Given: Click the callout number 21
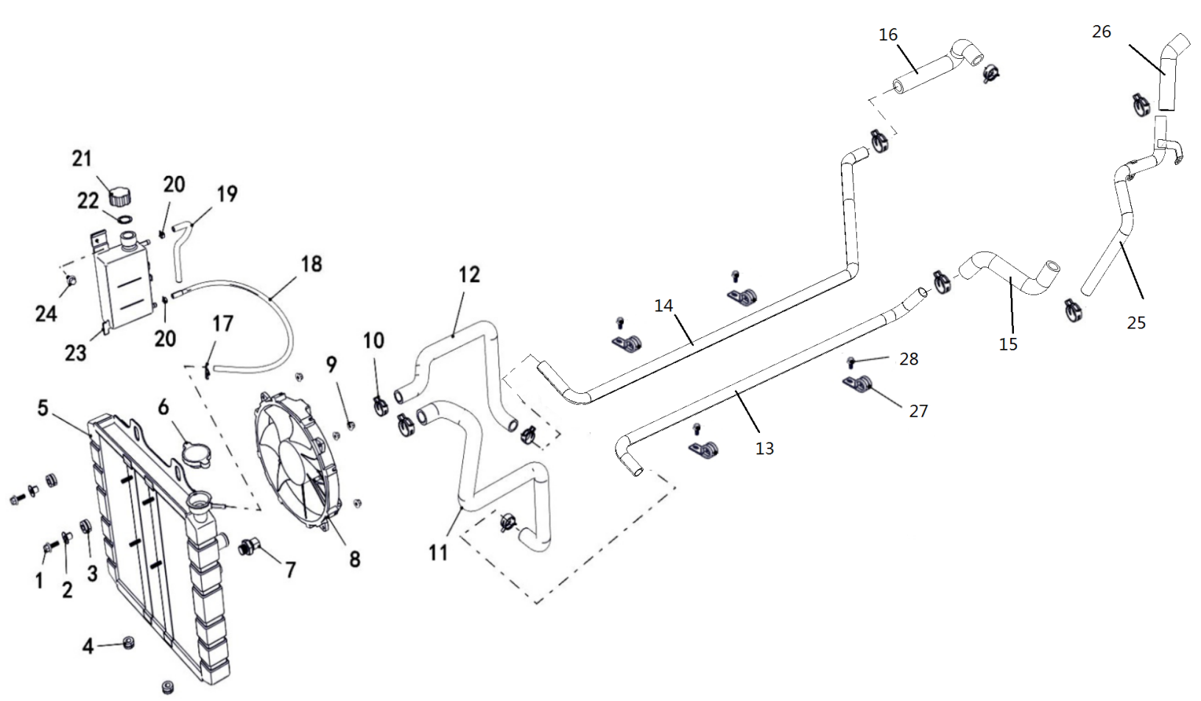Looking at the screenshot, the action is pos(82,159).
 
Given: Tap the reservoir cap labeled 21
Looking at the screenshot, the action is pos(120,196).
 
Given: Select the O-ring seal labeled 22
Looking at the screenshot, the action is pos(124,219).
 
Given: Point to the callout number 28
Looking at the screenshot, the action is pos(909,359).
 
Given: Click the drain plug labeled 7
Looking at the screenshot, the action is pos(248,546).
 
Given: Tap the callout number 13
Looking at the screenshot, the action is pos(764,448).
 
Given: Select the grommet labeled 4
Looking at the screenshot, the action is pos(128,642).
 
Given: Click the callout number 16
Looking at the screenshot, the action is pos(888,35).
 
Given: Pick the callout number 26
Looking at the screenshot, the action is pos(1102,32).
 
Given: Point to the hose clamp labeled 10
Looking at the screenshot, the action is pos(381,406).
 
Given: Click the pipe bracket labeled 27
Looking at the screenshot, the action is pos(857,384).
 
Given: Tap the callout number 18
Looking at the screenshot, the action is pos(311,264).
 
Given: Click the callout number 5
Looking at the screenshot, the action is pos(43,408).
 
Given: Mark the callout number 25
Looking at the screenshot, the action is pos(1136,323).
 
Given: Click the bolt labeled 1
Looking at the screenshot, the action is pos(48,548).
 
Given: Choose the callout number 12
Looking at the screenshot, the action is pos(469,275).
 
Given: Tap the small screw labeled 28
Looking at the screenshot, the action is pos(850,362).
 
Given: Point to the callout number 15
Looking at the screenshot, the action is pos(1008,344).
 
